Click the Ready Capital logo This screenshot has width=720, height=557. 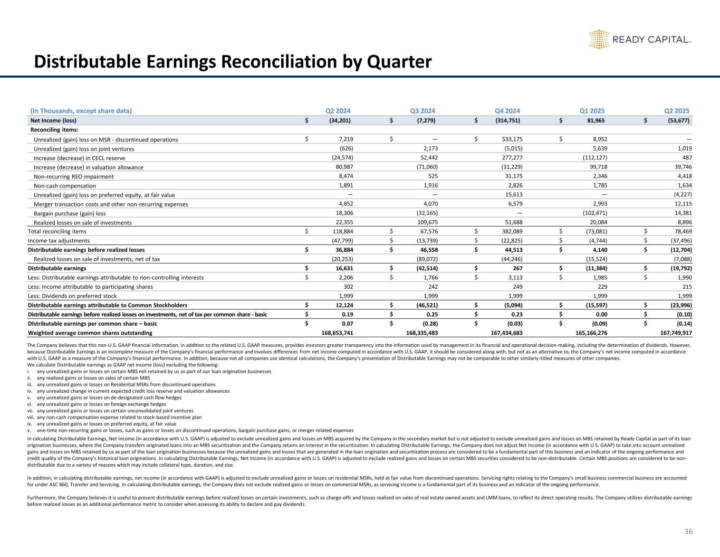(x=639, y=39)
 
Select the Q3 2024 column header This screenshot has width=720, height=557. (x=423, y=111)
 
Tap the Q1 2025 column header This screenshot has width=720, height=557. (x=592, y=111)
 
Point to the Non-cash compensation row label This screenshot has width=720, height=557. (x=65, y=185)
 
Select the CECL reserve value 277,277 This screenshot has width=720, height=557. (x=511, y=158)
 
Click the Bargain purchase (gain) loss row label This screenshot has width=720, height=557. (x=70, y=213)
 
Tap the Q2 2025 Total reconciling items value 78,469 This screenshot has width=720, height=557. (x=680, y=231)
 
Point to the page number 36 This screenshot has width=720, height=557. (x=688, y=532)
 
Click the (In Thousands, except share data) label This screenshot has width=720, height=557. (x=81, y=111)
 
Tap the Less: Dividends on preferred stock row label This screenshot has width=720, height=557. (x=72, y=296)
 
